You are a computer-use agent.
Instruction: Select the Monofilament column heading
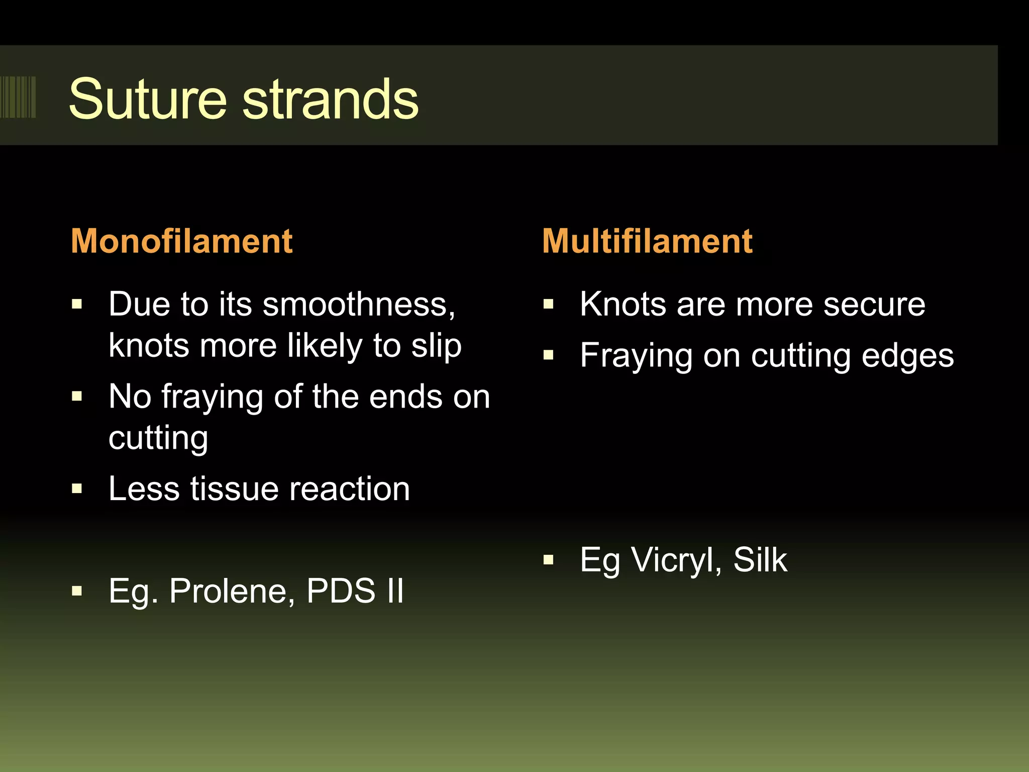181,241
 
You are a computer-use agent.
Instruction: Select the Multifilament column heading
647,241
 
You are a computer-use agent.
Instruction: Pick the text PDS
341,591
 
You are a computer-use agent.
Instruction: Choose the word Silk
760,560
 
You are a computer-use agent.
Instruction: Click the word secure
874,305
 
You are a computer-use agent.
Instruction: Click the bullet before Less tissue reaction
77,489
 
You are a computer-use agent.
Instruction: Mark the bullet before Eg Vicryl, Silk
548,560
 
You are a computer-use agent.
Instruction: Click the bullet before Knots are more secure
548,304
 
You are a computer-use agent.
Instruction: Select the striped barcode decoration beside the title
18,97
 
